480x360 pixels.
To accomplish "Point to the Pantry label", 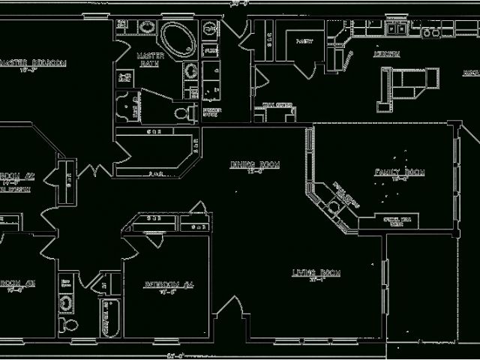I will pyautogui.click(x=304, y=41).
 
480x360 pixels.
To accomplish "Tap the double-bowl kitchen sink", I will pyautogui.click(x=396, y=30).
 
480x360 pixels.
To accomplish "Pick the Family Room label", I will pyautogui.click(x=400, y=173).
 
